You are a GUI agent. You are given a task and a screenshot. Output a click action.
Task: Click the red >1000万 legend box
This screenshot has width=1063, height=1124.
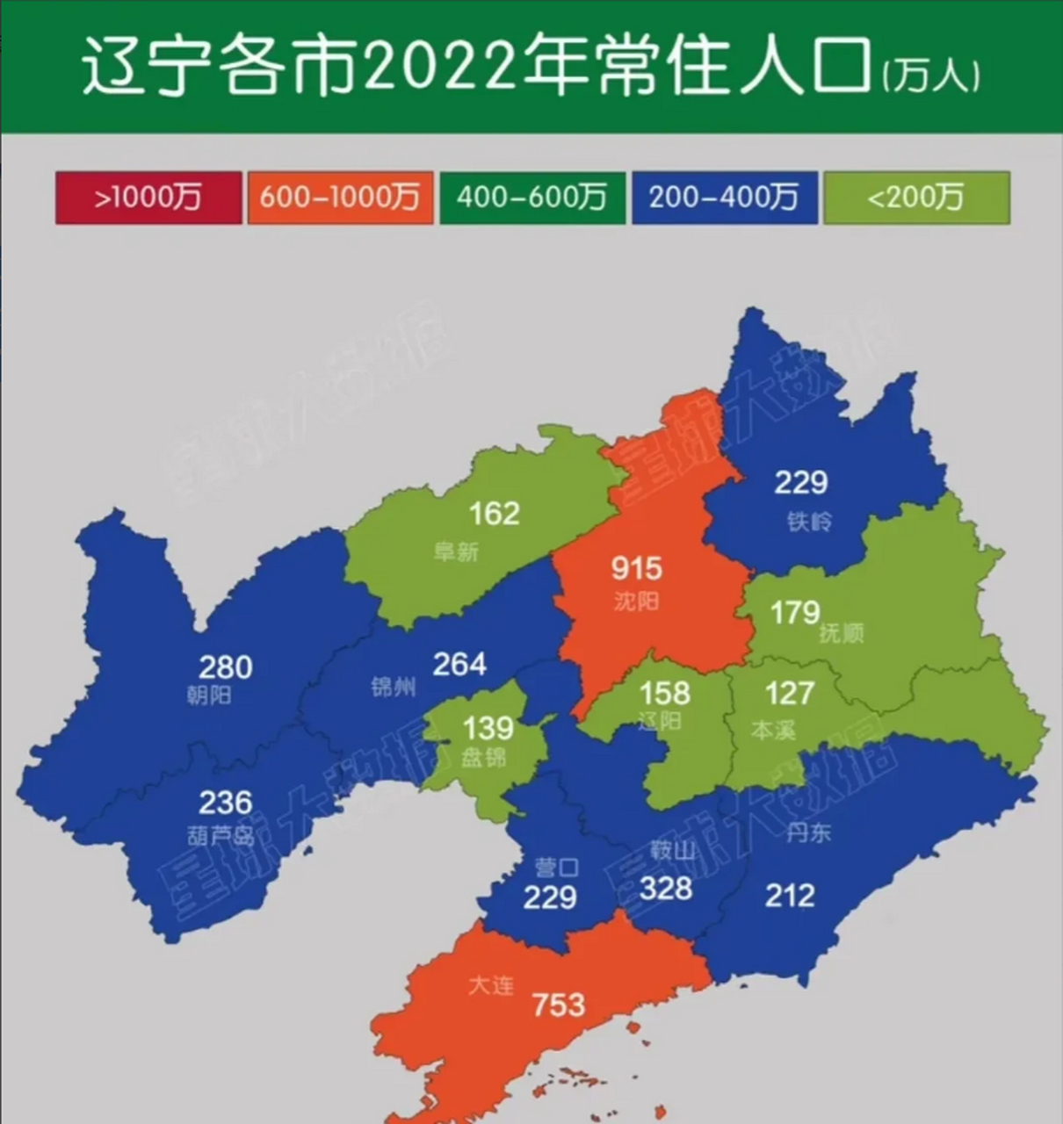[148, 198]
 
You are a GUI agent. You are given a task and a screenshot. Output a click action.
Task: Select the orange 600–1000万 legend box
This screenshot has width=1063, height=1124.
[340, 198]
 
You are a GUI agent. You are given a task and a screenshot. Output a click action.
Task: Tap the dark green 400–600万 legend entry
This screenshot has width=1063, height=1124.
[531, 198]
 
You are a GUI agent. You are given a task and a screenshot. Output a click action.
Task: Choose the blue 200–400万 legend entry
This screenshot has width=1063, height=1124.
[724, 198]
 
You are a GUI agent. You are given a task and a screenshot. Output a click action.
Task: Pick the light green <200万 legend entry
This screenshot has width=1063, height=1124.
[916, 198]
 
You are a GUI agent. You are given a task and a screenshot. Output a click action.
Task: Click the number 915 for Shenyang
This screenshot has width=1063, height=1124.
[636, 569]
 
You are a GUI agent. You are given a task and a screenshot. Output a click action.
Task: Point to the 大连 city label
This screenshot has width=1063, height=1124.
[490, 985]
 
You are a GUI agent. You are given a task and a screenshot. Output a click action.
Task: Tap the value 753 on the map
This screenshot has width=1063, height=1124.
[558, 1005]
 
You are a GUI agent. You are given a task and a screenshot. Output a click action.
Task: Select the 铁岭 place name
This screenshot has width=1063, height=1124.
[809, 522]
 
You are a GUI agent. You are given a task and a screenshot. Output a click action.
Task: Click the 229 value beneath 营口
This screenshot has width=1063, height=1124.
[550, 897]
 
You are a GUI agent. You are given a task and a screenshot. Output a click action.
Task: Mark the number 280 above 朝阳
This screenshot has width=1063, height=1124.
[226, 667]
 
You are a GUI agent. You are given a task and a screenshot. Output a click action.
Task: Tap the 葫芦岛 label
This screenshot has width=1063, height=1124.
[221, 834]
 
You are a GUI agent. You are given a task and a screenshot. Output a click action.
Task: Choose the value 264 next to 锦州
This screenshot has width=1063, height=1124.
[459, 665]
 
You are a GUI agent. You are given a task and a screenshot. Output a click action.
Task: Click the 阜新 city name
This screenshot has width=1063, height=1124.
[456, 551]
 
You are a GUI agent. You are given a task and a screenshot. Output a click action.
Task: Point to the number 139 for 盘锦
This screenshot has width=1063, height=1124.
[488, 728]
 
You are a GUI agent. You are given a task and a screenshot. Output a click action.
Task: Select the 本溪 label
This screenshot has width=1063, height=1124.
[773, 730]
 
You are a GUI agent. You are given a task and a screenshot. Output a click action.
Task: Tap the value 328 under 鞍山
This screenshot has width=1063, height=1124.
[666, 889]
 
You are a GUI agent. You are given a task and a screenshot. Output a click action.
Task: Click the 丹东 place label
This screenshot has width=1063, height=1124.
[808, 832]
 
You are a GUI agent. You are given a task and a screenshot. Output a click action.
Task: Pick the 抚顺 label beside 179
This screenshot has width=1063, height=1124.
[841, 632]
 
